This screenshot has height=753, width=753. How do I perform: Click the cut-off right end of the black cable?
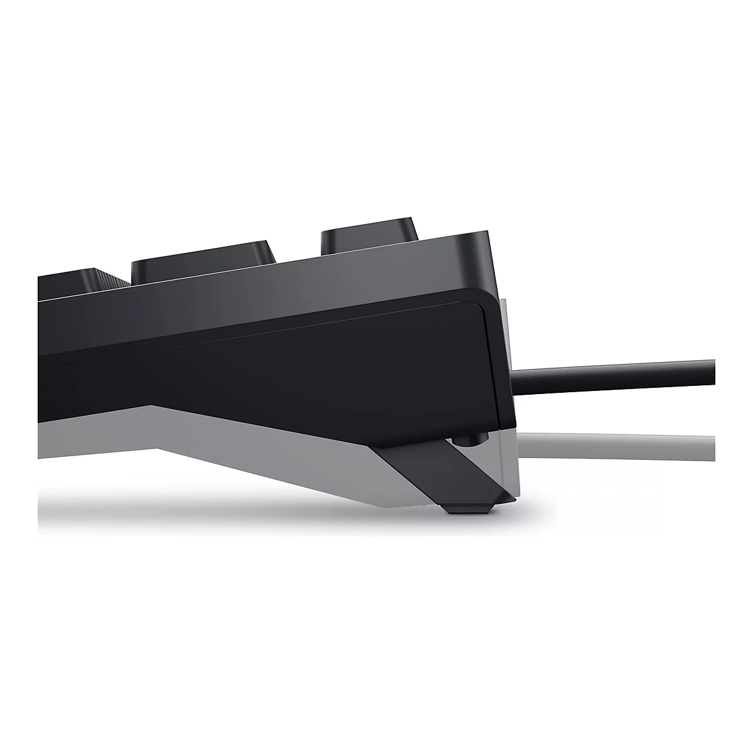pos(713,371)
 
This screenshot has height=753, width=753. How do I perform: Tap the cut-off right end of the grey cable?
pos(713,445)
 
